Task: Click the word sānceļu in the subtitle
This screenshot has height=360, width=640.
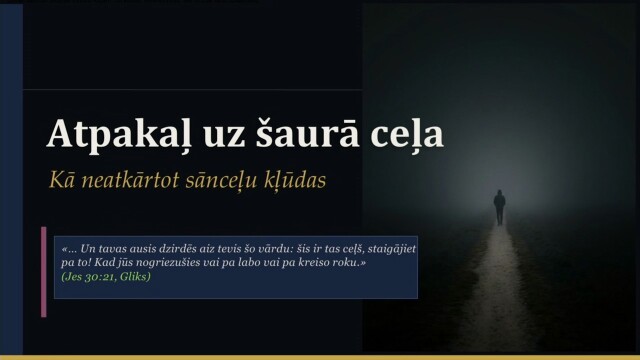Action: pos(222,182)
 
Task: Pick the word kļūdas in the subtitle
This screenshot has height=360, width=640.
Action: pos(296,181)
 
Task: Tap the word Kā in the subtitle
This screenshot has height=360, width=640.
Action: pos(61,181)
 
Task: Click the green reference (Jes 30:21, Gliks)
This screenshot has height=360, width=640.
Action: pos(105,275)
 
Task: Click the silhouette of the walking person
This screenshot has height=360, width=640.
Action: pos(499,206)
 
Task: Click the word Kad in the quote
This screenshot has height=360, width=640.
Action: pos(100,261)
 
